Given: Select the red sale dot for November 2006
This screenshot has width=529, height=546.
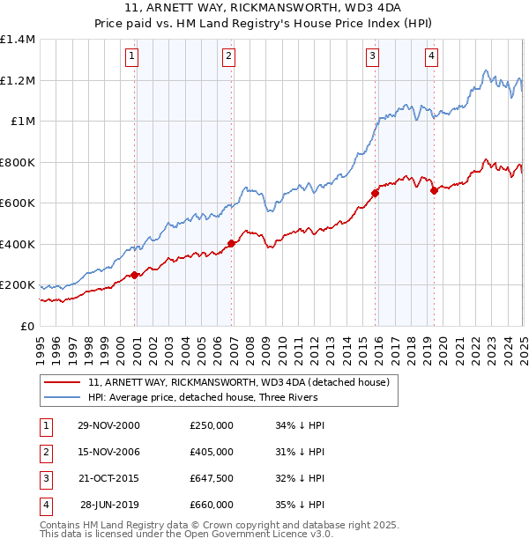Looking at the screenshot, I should tap(231, 243).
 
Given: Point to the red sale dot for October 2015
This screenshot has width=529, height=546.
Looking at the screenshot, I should tap(375, 194).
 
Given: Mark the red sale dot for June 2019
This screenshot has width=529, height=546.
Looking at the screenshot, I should tap(434, 191).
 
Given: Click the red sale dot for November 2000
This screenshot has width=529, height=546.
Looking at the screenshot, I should tap(135, 275).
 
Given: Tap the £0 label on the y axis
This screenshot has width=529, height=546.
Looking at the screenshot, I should tap(26, 326).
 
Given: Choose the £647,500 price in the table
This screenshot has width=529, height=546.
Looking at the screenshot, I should tap(212, 479).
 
